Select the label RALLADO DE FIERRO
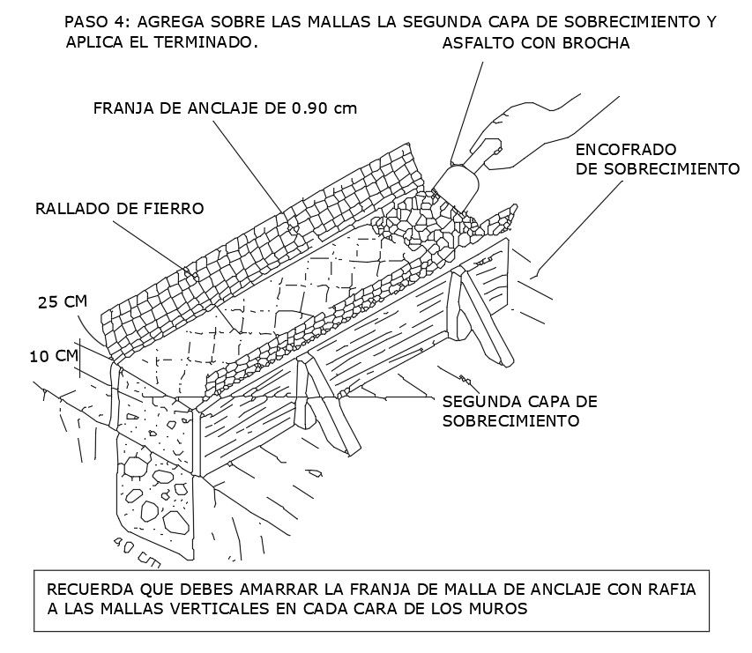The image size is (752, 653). pos(119,209)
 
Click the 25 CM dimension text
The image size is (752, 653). pos(62,302)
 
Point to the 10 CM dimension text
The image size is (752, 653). pos(52,356)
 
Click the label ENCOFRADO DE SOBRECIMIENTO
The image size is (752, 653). pos(656,158)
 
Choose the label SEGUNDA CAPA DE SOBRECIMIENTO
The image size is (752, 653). pos(519,411)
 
